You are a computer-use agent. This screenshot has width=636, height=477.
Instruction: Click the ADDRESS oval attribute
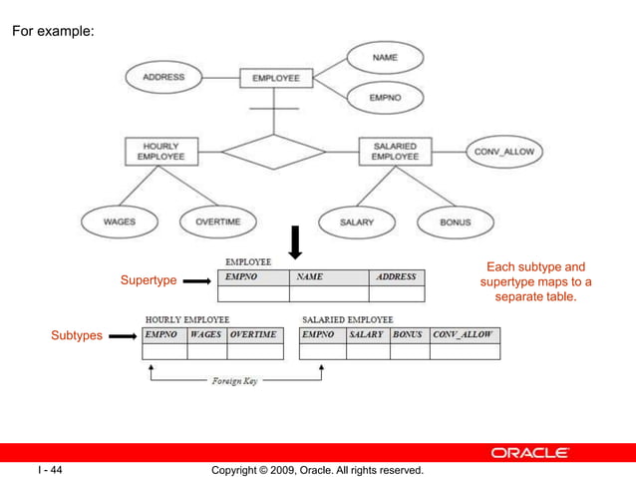pos(162,77)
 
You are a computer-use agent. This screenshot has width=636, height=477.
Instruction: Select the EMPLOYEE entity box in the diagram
pos(276,78)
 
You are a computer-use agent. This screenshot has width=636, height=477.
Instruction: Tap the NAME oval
pos(384,58)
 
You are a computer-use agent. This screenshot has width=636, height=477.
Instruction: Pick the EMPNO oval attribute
pos(384,98)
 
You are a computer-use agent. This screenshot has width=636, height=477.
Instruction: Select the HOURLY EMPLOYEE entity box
pos(160,152)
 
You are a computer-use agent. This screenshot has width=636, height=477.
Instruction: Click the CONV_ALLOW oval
pos(504,152)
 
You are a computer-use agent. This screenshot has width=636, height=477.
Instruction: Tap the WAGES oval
pos(120,222)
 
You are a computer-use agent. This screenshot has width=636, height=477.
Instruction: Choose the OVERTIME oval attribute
pos(216,222)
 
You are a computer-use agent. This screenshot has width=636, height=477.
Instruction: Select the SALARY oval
pos(356,222)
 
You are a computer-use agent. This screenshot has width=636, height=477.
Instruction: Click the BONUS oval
pos(455,222)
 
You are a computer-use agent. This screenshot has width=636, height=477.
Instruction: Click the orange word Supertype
pos(149,280)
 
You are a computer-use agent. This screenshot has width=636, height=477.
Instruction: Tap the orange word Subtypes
pos(77,336)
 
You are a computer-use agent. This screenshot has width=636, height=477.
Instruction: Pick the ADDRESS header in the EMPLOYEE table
pos(396,277)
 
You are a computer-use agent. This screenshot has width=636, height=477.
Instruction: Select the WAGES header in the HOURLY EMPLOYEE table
pos(206,334)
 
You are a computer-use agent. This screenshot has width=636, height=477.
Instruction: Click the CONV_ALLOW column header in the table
pos(464,334)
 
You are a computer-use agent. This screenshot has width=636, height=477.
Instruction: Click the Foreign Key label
pos(235,380)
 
